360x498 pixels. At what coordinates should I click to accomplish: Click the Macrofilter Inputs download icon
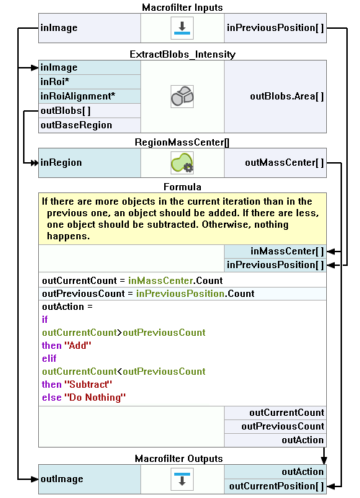click(x=182, y=28)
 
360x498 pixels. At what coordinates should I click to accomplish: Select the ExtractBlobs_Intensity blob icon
click(x=182, y=97)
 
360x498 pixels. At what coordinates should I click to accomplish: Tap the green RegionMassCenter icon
click(x=182, y=163)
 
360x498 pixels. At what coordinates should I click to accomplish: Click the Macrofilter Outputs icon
click(x=182, y=479)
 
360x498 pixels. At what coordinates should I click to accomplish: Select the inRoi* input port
click(x=89, y=81)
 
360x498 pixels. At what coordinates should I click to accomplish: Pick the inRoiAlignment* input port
click(x=89, y=96)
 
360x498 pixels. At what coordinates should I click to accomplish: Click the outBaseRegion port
click(x=89, y=125)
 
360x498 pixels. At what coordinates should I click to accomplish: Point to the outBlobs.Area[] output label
click(x=287, y=97)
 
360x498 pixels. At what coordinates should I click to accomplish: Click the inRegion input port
click(x=89, y=163)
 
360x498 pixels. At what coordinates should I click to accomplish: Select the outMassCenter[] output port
click(x=275, y=163)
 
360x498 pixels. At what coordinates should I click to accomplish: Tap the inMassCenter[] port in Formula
click(x=275, y=252)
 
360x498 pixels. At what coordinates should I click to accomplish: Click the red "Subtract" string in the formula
click(x=88, y=384)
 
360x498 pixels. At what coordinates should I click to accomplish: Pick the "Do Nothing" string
click(x=95, y=397)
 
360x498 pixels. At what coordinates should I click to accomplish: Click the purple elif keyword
click(x=49, y=358)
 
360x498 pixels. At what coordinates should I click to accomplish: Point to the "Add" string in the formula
click(x=78, y=345)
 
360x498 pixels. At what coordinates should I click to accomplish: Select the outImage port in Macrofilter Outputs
click(x=89, y=479)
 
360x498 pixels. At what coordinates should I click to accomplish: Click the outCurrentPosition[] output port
click(x=275, y=486)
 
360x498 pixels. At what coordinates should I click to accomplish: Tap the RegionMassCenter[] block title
click(x=182, y=142)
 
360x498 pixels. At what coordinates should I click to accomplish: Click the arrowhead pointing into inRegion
click(x=35, y=163)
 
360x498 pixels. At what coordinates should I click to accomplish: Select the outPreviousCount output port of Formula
click(x=275, y=426)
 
